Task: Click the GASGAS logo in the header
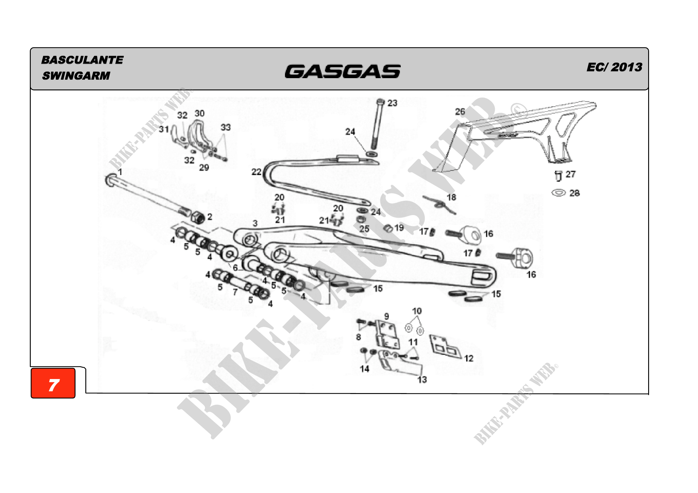click(x=342, y=71)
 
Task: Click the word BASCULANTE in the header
click(x=82, y=60)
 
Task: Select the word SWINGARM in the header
click(x=76, y=76)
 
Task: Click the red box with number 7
click(x=53, y=383)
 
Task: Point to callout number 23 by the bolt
click(x=392, y=103)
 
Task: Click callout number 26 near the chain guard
click(x=460, y=112)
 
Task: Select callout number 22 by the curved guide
click(x=256, y=172)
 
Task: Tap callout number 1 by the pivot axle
click(x=120, y=172)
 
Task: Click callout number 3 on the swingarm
click(x=255, y=224)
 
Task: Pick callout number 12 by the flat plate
click(x=469, y=358)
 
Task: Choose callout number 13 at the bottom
click(x=422, y=379)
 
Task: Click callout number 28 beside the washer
click(x=574, y=193)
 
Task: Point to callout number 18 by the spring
click(x=451, y=197)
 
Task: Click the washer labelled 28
click(x=558, y=193)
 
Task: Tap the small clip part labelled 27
click(x=558, y=176)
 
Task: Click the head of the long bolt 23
click(x=380, y=102)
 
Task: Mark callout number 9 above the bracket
click(x=386, y=316)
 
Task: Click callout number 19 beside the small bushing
click(x=399, y=228)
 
